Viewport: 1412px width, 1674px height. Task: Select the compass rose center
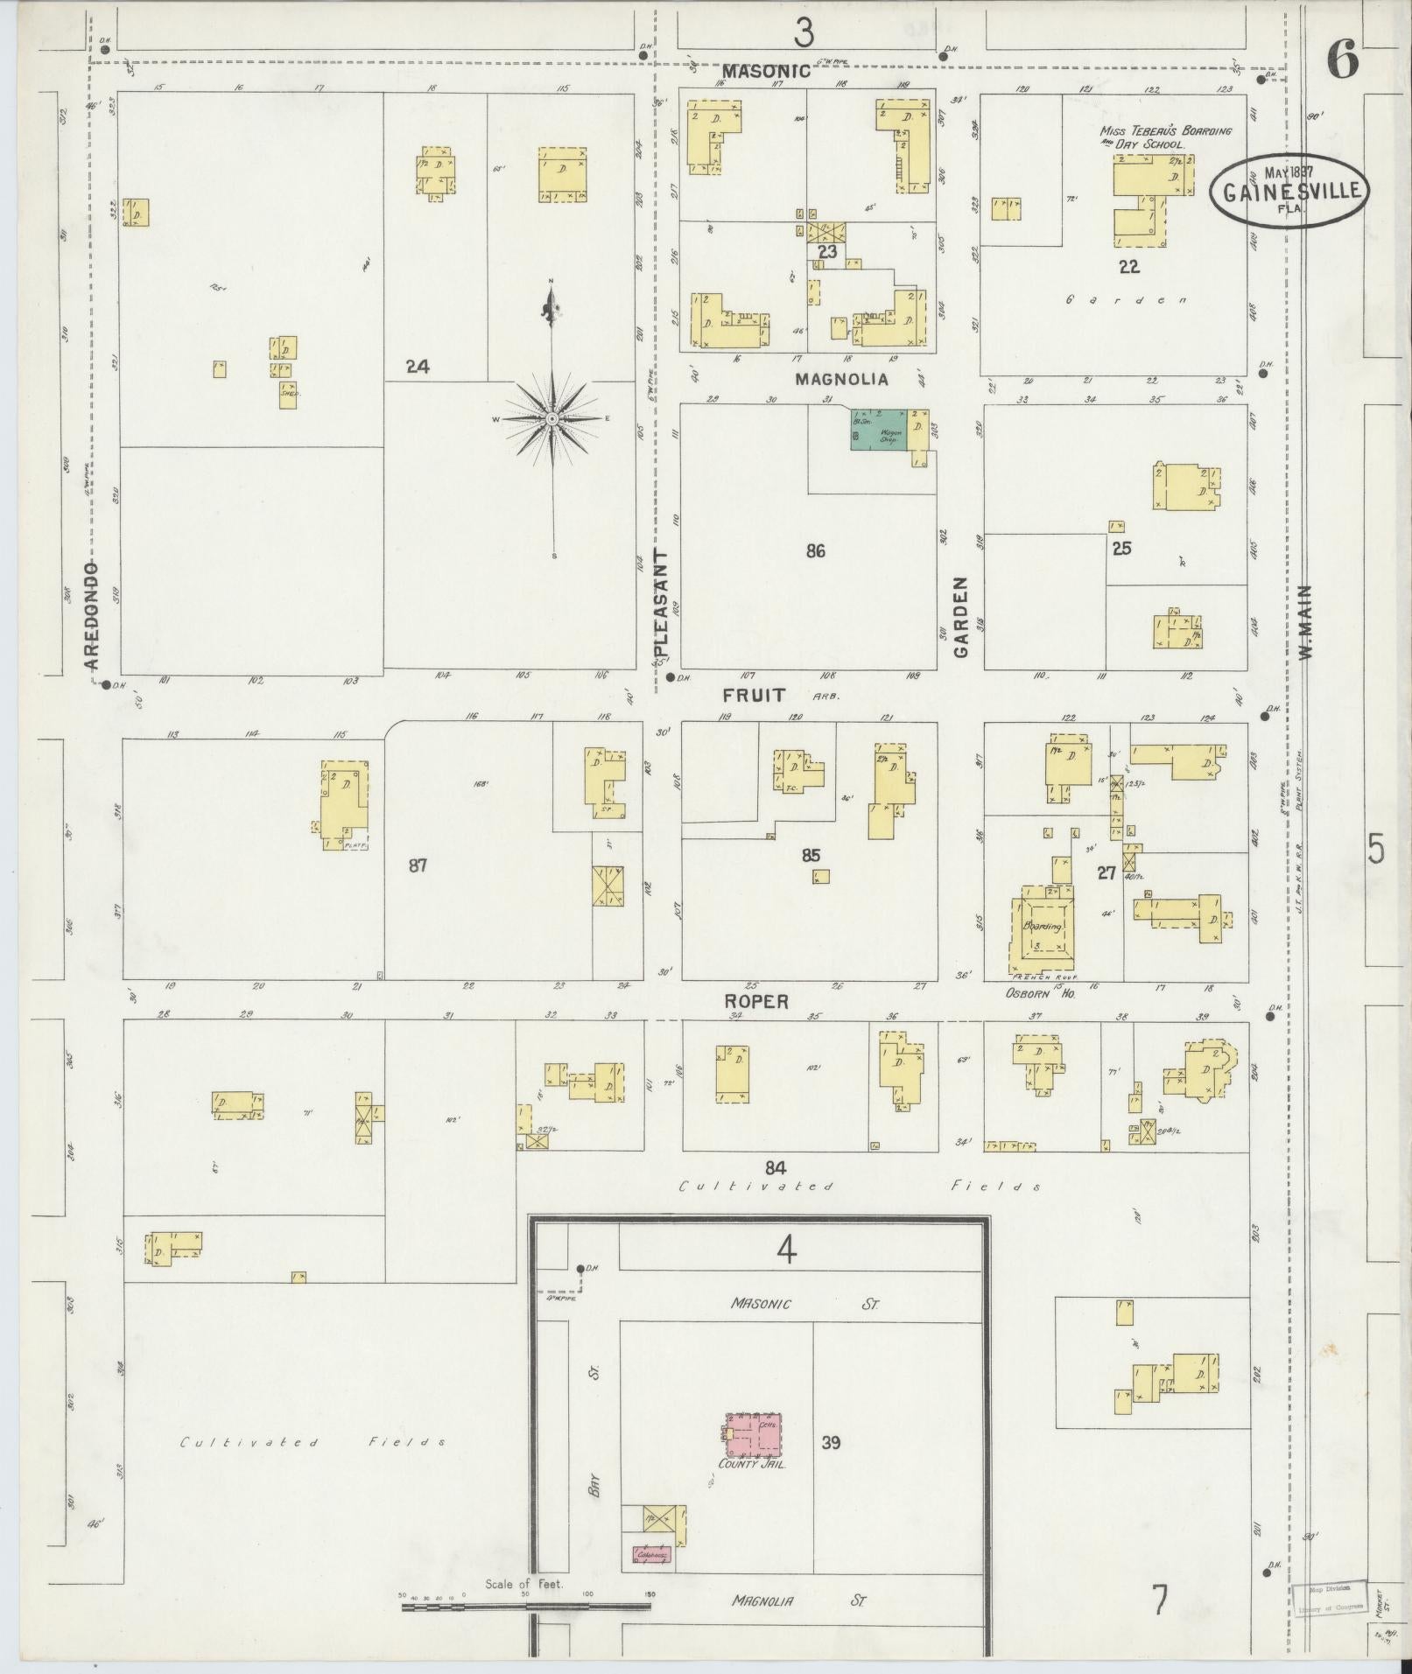click(x=552, y=420)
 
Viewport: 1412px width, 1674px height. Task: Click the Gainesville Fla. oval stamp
click(x=1289, y=190)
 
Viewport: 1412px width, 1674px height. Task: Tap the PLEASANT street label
click(x=661, y=604)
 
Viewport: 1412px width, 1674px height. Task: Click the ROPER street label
click(x=756, y=1001)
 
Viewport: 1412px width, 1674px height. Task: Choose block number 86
click(x=815, y=551)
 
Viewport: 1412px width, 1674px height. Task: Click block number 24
click(x=418, y=368)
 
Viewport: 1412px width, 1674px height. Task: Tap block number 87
click(x=418, y=865)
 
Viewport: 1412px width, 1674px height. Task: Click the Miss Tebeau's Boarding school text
click(x=1165, y=137)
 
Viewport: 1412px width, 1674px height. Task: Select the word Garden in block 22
click(x=1127, y=300)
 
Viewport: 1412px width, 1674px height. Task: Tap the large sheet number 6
click(x=1341, y=61)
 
